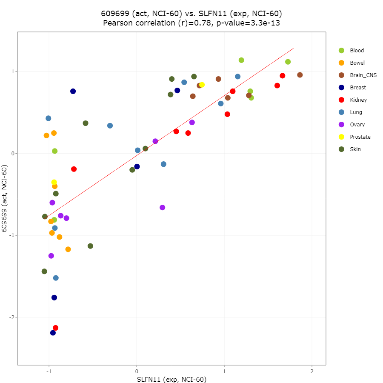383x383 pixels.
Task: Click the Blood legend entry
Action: click(357, 51)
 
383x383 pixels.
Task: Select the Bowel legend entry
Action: click(357, 63)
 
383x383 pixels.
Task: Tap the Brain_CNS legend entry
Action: click(363, 75)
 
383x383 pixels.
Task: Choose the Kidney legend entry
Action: click(358, 100)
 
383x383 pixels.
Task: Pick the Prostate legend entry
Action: click(360, 137)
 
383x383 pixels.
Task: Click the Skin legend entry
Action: click(355, 149)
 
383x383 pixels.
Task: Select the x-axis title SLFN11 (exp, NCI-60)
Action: click(171, 379)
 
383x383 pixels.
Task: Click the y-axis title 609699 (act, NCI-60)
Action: click(5, 198)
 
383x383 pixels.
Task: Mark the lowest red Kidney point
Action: click(55, 328)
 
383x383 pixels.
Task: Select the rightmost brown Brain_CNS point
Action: click(300, 75)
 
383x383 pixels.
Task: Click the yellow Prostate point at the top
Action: click(202, 85)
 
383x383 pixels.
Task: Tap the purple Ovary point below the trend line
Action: click(162, 207)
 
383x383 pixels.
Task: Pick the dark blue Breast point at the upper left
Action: click(73, 91)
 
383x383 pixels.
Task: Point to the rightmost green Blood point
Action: click(288, 62)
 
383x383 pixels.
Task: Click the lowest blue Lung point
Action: click(56, 278)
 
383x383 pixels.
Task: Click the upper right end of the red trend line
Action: click(293, 49)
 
